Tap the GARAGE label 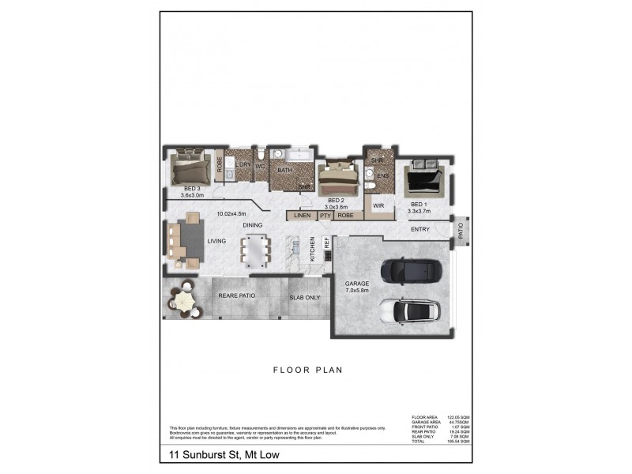pyautogui.click(x=357, y=286)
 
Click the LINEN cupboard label pyautogui.click(x=301, y=215)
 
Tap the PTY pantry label pyautogui.click(x=325, y=215)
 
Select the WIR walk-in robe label pyautogui.click(x=378, y=205)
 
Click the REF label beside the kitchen pyautogui.click(x=325, y=243)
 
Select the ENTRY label pyautogui.click(x=420, y=230)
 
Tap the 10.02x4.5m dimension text pyautogui.click(x=231, y=213)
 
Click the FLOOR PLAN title pyautogui.click(x=307, y=369)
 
